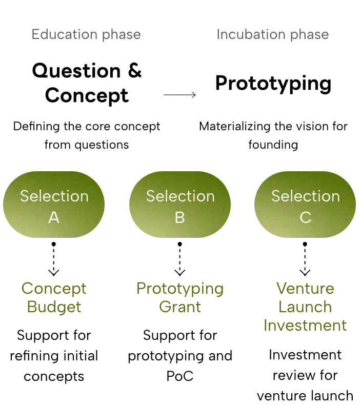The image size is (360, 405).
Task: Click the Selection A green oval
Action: [x=54, y=205]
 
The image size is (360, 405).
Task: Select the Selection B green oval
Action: [x=180, y=205]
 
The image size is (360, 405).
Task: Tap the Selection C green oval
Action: [x=305, y=205]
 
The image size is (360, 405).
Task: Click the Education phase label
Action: [x=86, y=35]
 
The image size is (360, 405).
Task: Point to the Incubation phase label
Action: [x=273, y=35]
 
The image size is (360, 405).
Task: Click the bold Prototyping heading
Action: [x=273, y=84]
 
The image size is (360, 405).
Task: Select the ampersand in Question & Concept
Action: [x=135, y=70]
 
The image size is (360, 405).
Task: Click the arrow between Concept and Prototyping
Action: [x=179, y=95]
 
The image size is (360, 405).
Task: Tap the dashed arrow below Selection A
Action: [x=54, y=259]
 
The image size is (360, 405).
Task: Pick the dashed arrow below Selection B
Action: [x=180, y=259]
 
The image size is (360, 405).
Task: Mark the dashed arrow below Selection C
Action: [x=305, y=259]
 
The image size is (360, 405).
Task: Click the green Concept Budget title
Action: [x=54, y=297]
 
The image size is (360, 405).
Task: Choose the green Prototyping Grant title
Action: [x=180, y=297]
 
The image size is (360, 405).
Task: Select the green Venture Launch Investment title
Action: [x=305, y=307]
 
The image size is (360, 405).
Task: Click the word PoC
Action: [x=180, y=376]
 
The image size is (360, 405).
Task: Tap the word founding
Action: [x=273, y=145]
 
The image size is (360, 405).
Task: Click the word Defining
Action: [x=36, y=127]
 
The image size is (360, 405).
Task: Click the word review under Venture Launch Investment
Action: [x=292, y=375]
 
